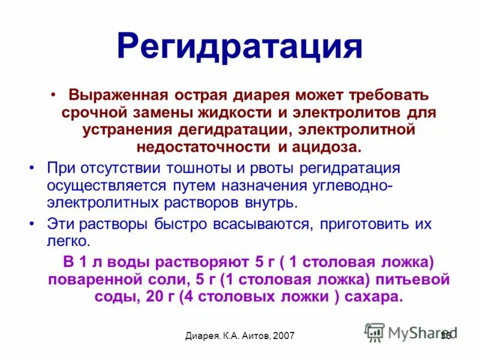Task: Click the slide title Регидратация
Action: pyautogui.click(x=239, y=46)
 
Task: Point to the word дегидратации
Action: pyautogui.click(x=253, y=130)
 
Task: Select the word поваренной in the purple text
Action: pyautogui.click(x=93, y=280)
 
